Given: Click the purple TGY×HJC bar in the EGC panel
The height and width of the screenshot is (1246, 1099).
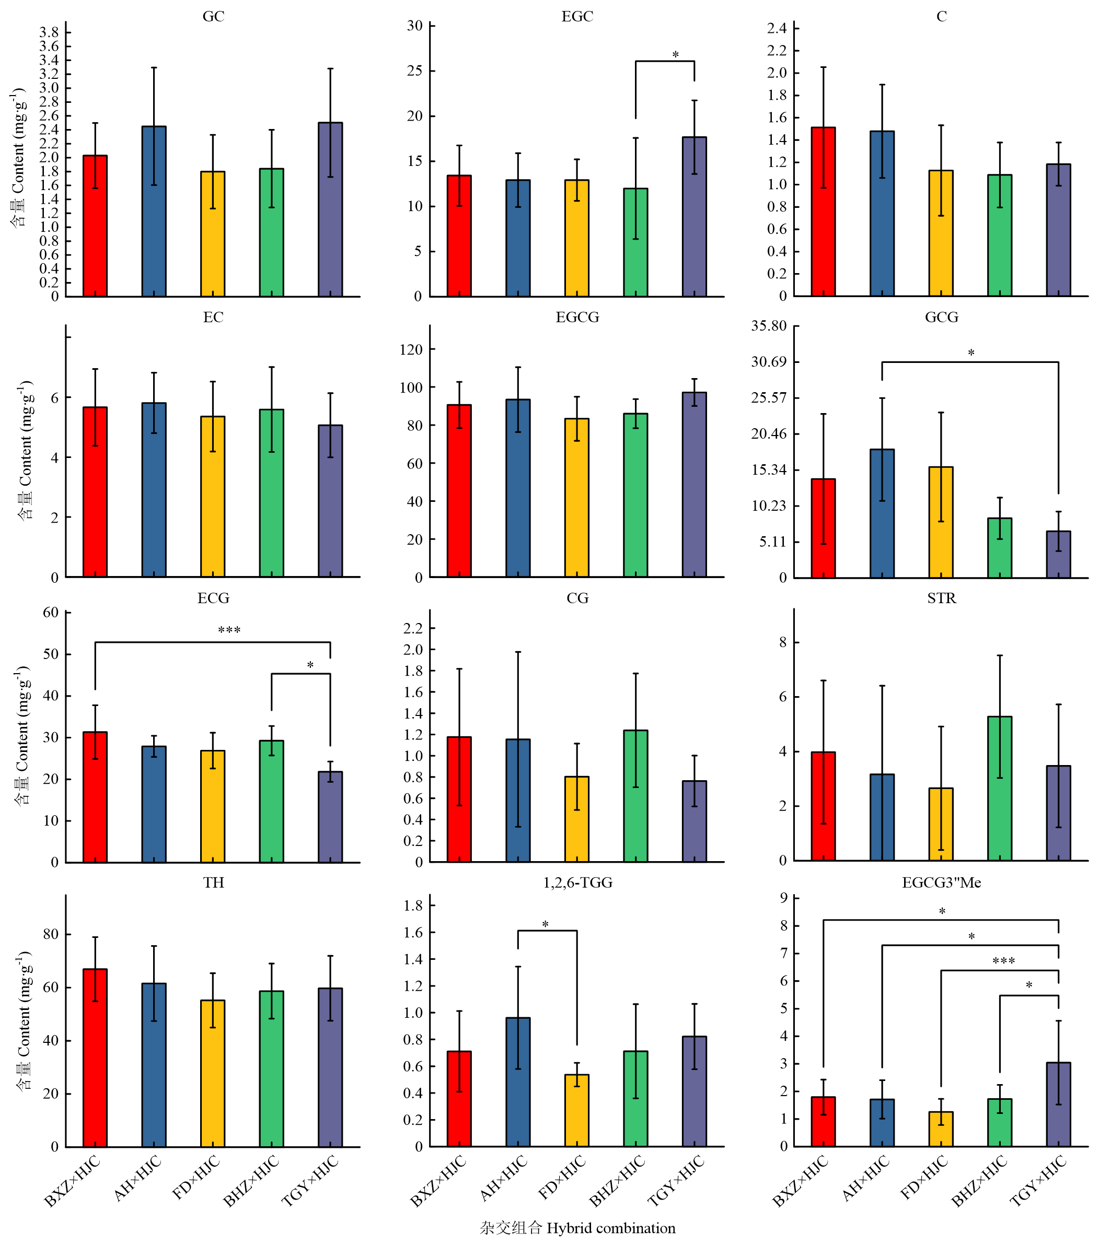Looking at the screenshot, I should pos(694,216).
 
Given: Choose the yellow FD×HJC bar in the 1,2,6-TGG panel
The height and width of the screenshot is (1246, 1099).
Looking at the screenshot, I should pos(577,1110).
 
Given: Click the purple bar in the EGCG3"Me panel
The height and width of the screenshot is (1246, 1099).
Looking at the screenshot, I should pos(1058,1104).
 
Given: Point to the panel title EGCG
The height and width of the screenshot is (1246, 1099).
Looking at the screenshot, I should pos(577,317).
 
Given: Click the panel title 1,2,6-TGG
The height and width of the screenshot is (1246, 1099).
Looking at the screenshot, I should pos(577,882).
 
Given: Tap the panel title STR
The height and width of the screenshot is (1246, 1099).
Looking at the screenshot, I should pos(941,598).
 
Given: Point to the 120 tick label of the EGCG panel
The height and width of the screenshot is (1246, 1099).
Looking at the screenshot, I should pos(411,349).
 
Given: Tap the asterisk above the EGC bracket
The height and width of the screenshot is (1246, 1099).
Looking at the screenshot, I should pos(675,55).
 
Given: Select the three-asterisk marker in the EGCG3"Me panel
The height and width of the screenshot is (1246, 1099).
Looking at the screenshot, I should pos(1003,961).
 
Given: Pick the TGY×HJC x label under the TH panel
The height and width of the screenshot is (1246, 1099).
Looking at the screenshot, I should pos(310,1181).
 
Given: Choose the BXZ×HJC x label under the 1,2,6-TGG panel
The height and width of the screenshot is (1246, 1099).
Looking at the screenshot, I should pos(438,1181).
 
